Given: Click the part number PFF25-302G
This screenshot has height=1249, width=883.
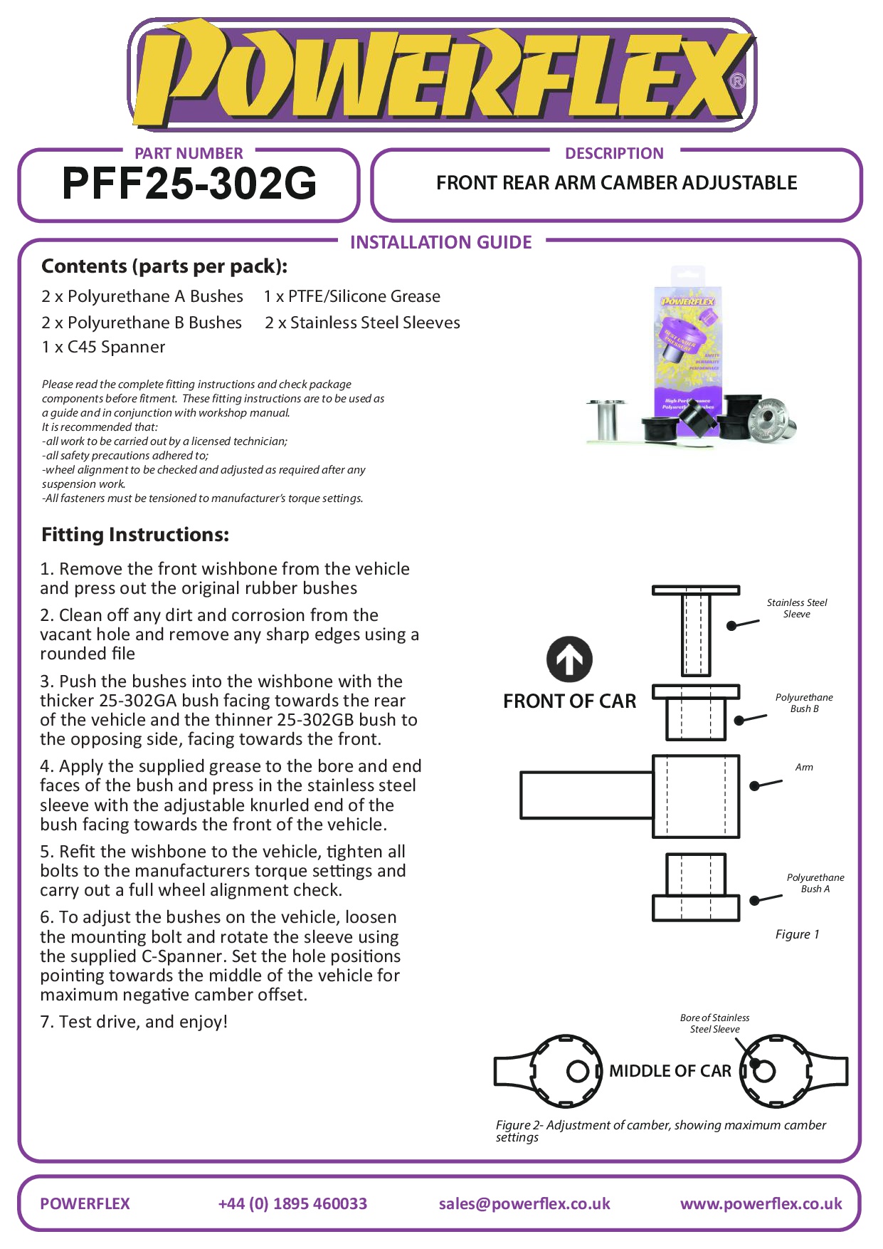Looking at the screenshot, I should [x=189, y=184].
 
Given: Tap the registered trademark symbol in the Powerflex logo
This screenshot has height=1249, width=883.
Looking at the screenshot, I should [x=737, y=81].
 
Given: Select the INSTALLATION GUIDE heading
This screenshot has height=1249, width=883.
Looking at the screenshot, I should [x=440, y=243].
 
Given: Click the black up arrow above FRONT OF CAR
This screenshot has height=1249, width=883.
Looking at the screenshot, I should [x=569, y=659].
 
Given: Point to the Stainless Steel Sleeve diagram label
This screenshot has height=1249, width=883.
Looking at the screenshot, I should [x=797, y=608].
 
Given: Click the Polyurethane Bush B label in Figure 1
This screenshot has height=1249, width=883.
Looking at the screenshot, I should [x=804, y=703].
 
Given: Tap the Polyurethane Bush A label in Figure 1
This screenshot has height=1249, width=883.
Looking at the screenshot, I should [x=815, y=883].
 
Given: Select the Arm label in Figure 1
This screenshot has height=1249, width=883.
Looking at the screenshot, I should [x=804, y=767].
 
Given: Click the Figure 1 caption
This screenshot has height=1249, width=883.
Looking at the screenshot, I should [x=797, y=934].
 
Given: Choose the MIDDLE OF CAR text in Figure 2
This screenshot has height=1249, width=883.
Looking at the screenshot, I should [x=670, y=1071].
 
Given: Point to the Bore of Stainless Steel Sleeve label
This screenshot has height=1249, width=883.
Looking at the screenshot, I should [x=714, y=1023].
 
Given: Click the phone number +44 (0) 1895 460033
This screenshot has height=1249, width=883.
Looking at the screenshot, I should [x=292, y=1203].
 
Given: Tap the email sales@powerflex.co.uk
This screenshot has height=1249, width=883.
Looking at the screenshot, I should [x=524, y=1203].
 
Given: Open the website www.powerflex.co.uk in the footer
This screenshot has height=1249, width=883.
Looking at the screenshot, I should [x=761, y=1203].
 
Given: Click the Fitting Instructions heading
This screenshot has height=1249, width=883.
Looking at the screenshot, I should [x=135, y=535].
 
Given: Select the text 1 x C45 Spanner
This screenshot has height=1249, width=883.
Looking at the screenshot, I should [x=103, y=347].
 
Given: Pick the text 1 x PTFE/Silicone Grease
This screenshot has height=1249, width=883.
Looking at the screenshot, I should [x=351, y=296].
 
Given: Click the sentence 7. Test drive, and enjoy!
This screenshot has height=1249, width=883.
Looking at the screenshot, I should [x=134, y=1022].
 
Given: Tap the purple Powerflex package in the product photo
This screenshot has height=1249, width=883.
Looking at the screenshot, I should [x=687, y=349].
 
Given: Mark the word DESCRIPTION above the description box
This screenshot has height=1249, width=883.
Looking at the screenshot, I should [x=614, y=153].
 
